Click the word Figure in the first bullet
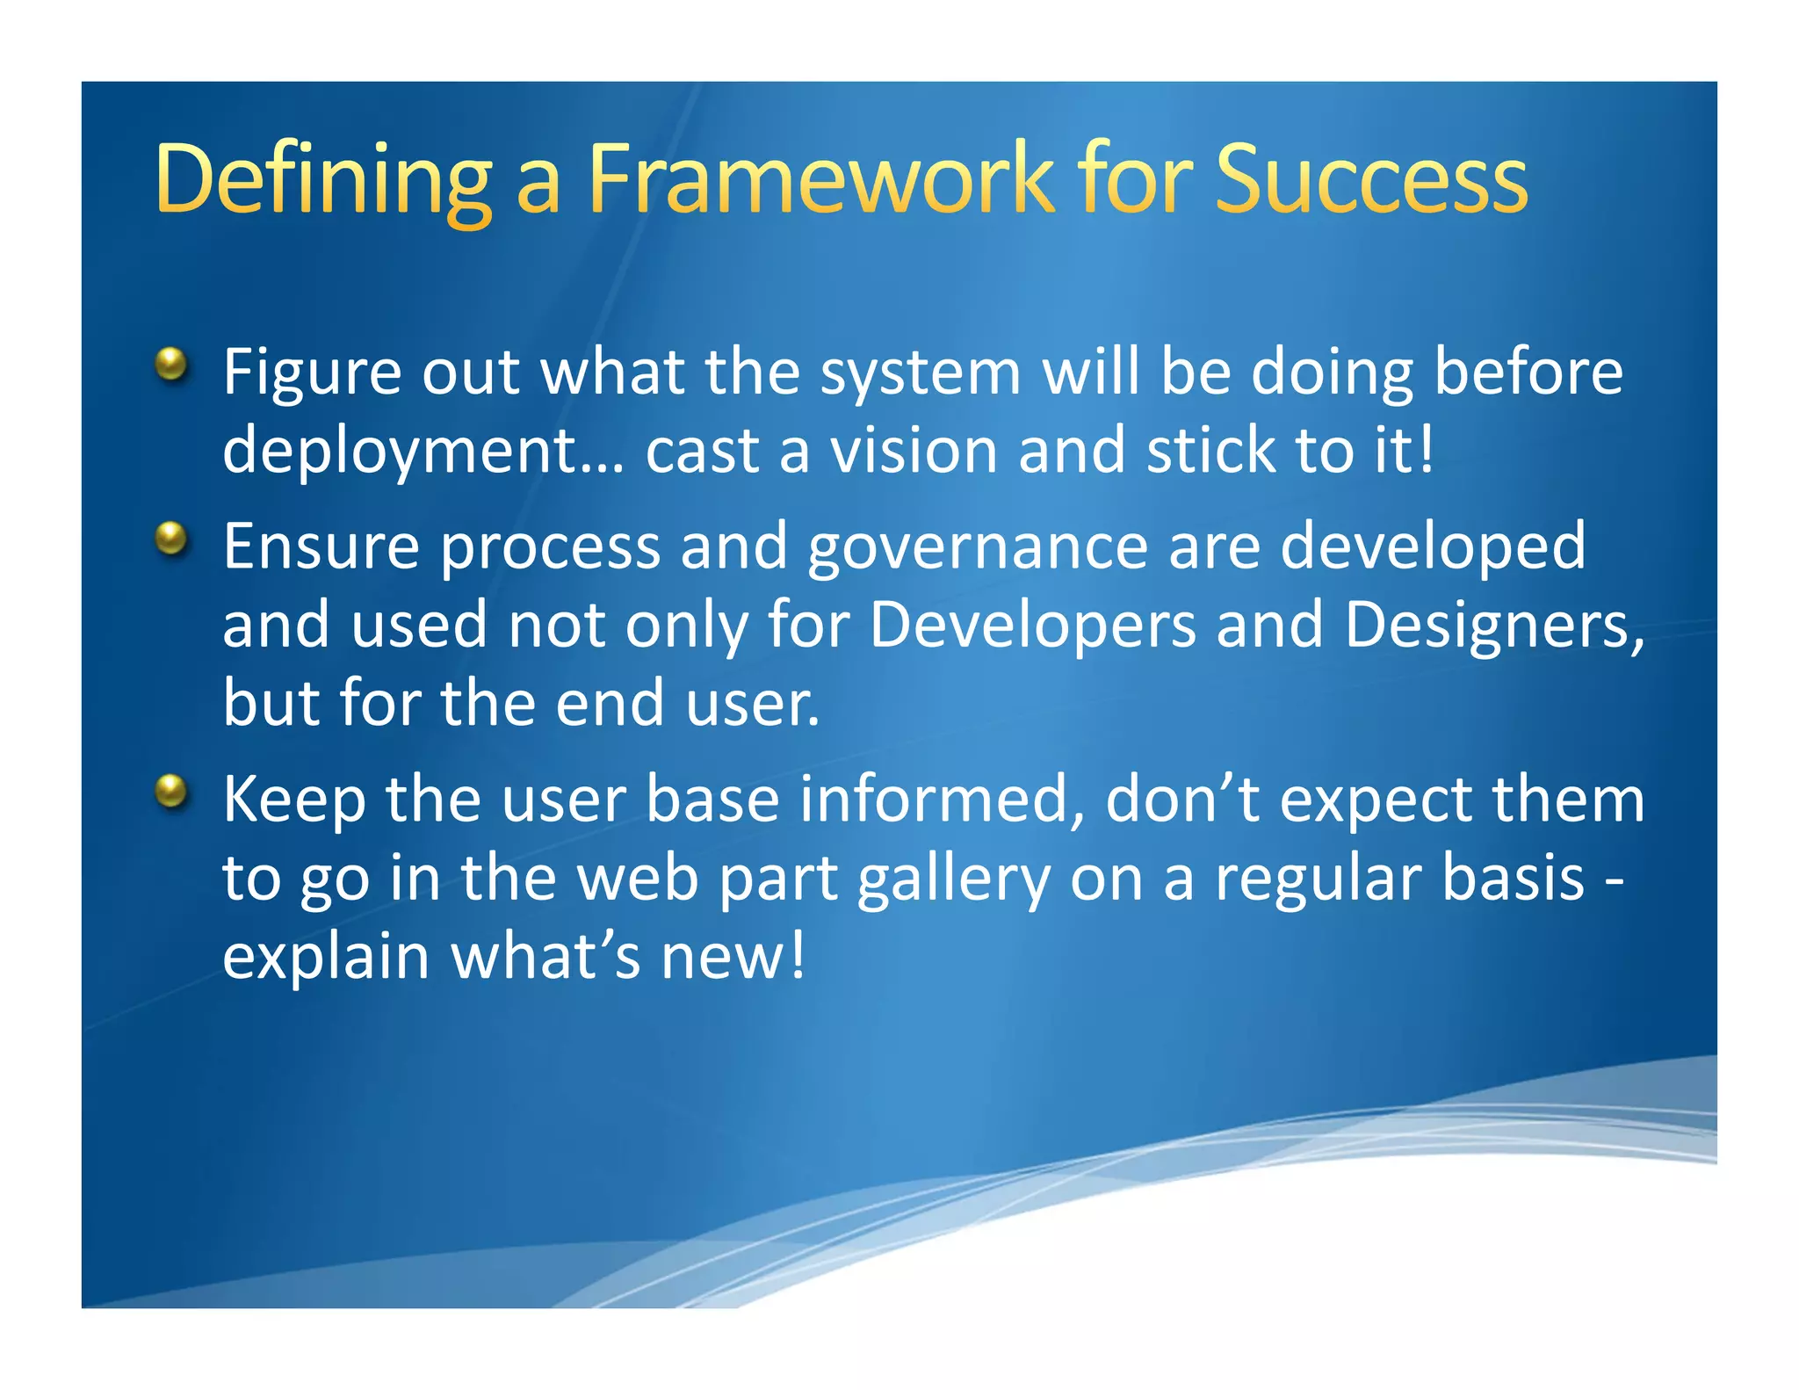click(312, 373)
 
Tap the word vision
click(914, 450)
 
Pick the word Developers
click(1032, 625)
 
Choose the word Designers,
click(1494, 625)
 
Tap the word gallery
click(953, 880)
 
